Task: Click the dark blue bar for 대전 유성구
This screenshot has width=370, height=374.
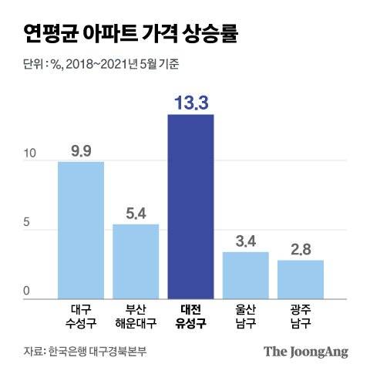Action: pyautogui.click(x=190, y=207)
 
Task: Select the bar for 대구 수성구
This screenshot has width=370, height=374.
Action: pyautogui.click(x=81, y=230)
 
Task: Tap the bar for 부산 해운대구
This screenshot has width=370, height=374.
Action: pyautogui.click(x=136, y=261)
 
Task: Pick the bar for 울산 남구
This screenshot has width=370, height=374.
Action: pyautogui.click(x=246, y=275)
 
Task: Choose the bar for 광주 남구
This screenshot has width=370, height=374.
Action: pyautogui.click(x=301, y=279)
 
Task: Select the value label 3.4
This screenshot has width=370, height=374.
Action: pyautogui.click(x=246, y=241)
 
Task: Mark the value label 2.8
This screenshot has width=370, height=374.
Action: pyautogui.click(x=301, y=250)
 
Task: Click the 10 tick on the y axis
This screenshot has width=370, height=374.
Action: pyautogui.click(x=29, y=154)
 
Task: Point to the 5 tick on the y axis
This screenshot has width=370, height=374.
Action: pyautogui.click(x=26, y=224)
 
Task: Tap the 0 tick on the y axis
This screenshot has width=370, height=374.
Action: pyautogui.click(x=26, y=291)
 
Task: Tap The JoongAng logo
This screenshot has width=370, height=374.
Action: pyautogui.click(x=306, y=351)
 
